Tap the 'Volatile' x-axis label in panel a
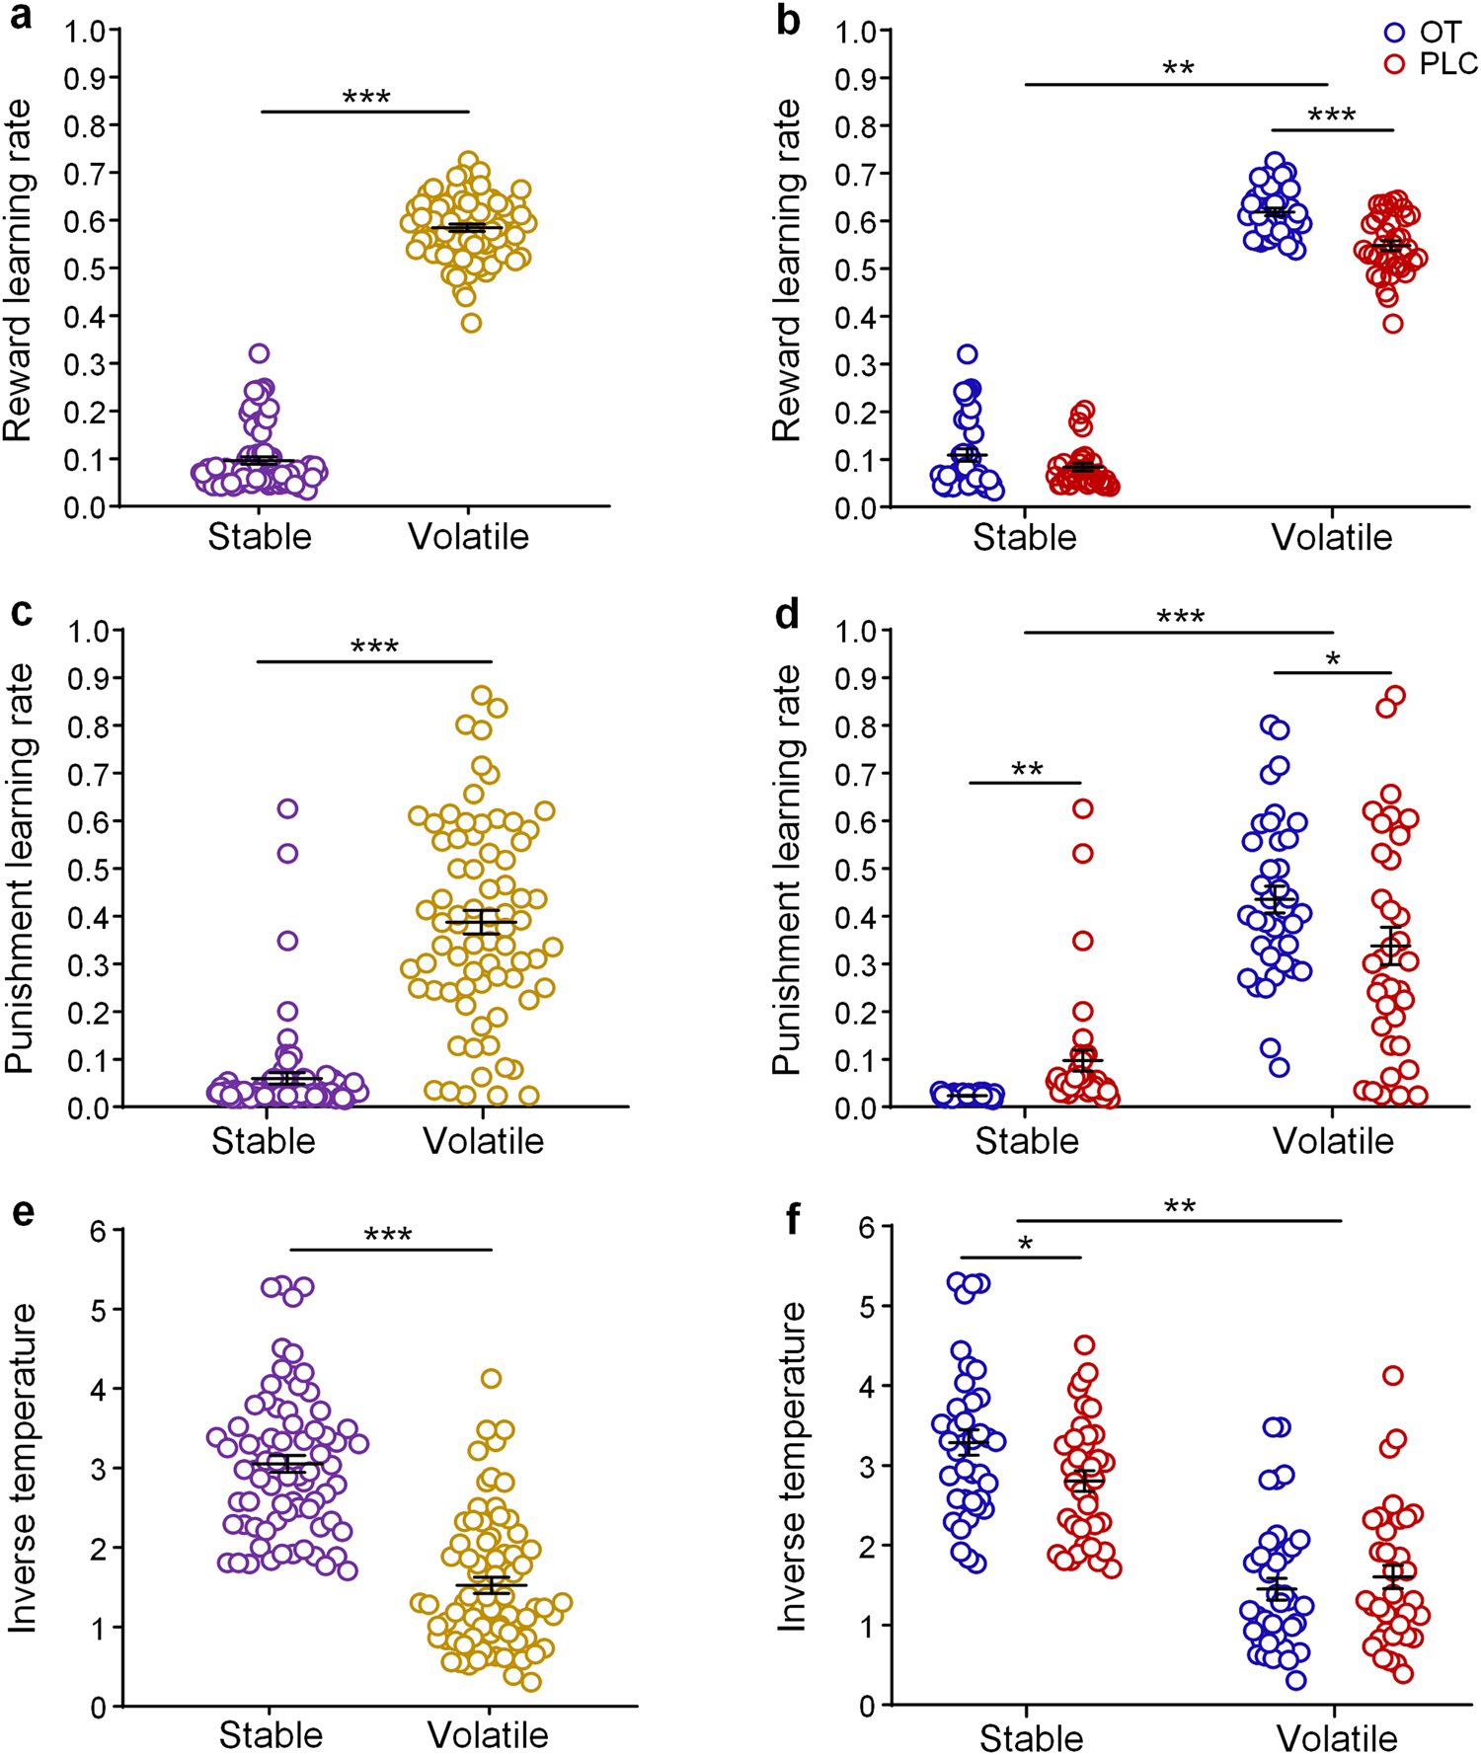pyautogui.click(x=468, y=537)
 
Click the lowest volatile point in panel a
pyautogui.click(x=471, y=323)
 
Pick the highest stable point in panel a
pyautogui.click(x=259, y=352)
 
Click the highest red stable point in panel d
pyautogui.click(x=1083, y=808)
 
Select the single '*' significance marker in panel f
pyautogui.click(x=1025, y=1245)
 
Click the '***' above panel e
pyautogui.click(x=388, y=1236)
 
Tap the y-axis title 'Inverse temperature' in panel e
pyautogui.click(x=23, y=1468)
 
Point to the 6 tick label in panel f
pyautogui.click(x=868, y=1226)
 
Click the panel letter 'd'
pyautogui.click(x=787, y=615)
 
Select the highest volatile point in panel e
pyautogui.click(x=491, y=1378)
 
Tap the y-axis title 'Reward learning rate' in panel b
pyautogui.click(x=787, y=269)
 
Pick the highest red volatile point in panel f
pyautogui.click(x=1392, y=1375)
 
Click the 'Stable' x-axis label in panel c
pyautogui.click(x=263, y=1141)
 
